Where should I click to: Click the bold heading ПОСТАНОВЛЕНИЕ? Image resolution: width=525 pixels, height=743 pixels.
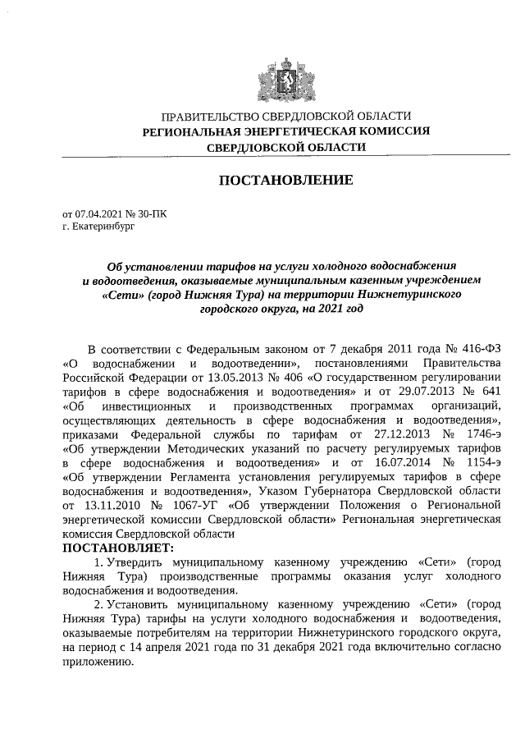(x=285, y=180)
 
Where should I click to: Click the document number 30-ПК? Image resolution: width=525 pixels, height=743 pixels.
(x=153, y=213)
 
